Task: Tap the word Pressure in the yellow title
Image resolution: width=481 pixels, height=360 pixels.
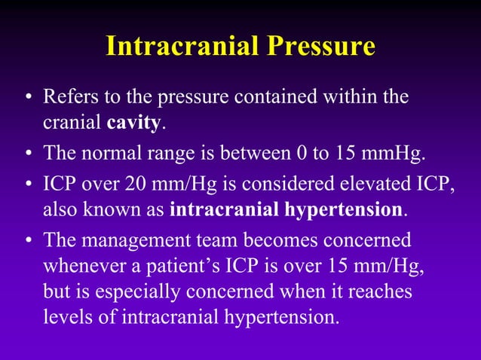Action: (x=321, y=47)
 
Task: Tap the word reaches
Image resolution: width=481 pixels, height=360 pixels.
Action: (x=384, y=291)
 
